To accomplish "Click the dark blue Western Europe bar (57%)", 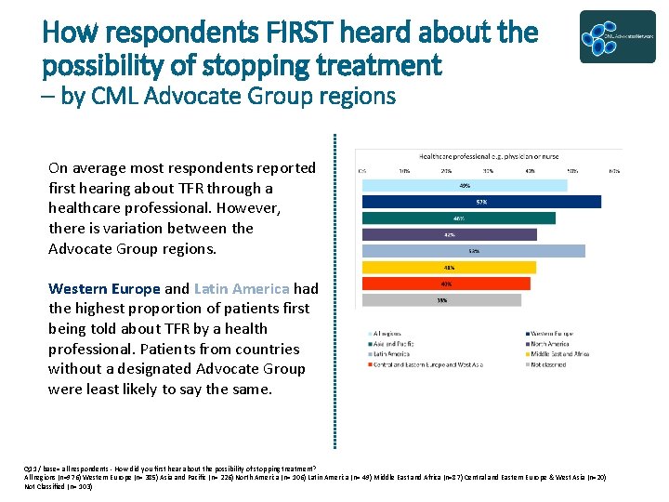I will [x=470, y=202].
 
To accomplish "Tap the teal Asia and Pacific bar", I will [x=458, y=218].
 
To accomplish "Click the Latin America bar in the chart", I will [x=473, y=251].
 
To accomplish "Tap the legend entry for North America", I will [x=550, y=343].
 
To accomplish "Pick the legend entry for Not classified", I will [x=550, y=363].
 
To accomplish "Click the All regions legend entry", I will [x=388, y=333].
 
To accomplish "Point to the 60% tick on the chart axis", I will [x=614, y=171].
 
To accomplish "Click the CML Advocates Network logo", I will [x=617, y=37].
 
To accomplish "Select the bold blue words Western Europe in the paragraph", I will [x=104, y=288].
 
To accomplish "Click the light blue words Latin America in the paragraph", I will [x=242, y=288].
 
